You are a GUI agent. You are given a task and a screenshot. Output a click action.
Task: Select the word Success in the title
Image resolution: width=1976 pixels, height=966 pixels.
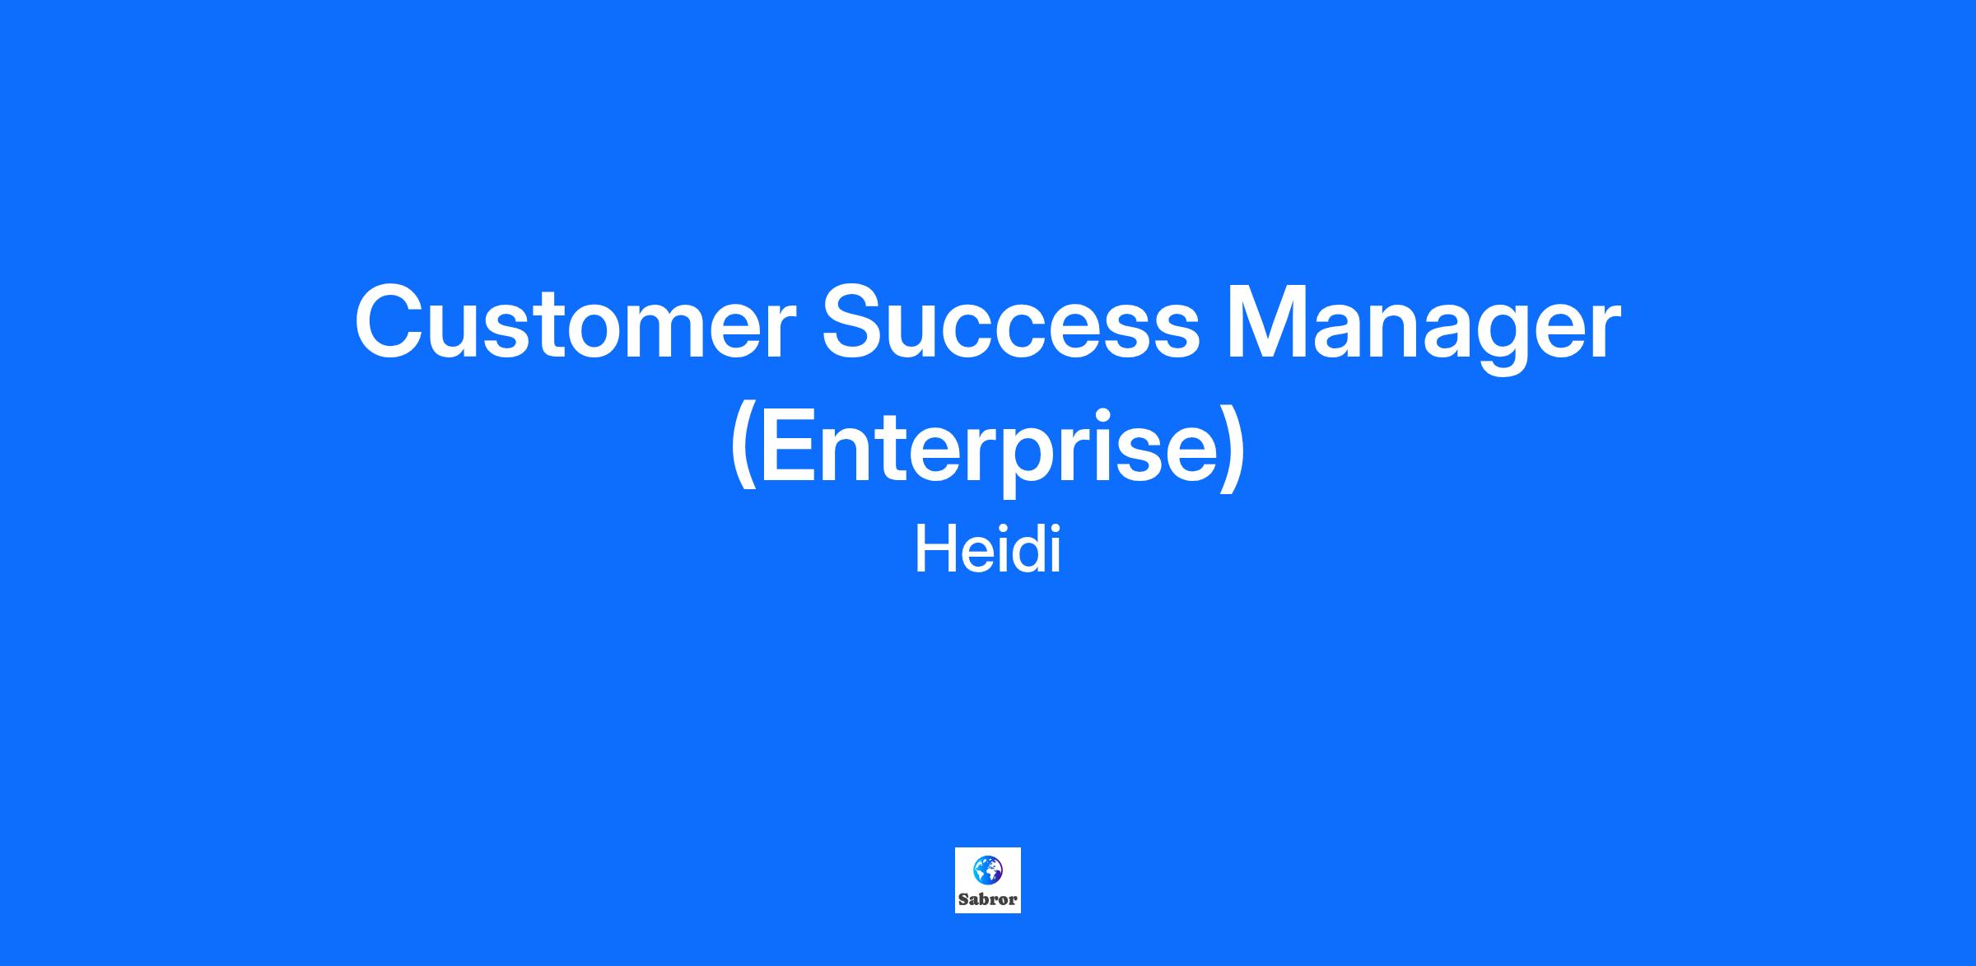click(x=1011, y=324)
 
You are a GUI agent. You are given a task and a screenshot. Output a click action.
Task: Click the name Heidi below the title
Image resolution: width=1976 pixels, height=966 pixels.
click(x=987, y=550)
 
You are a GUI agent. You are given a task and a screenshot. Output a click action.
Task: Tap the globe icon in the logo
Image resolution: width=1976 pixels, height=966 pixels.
click(x=987, y=869)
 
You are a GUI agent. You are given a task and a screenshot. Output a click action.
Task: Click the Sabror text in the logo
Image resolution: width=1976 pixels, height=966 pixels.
click(x=987, y=899)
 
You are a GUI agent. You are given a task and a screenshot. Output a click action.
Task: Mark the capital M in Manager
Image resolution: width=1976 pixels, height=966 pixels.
click(x=1270, y=323)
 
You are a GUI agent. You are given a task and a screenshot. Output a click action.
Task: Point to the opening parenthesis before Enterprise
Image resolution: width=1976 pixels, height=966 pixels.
click(x=742, y=449)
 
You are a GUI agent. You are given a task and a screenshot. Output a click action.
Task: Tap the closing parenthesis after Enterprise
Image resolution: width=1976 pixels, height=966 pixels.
click(x=1233, y=449)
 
